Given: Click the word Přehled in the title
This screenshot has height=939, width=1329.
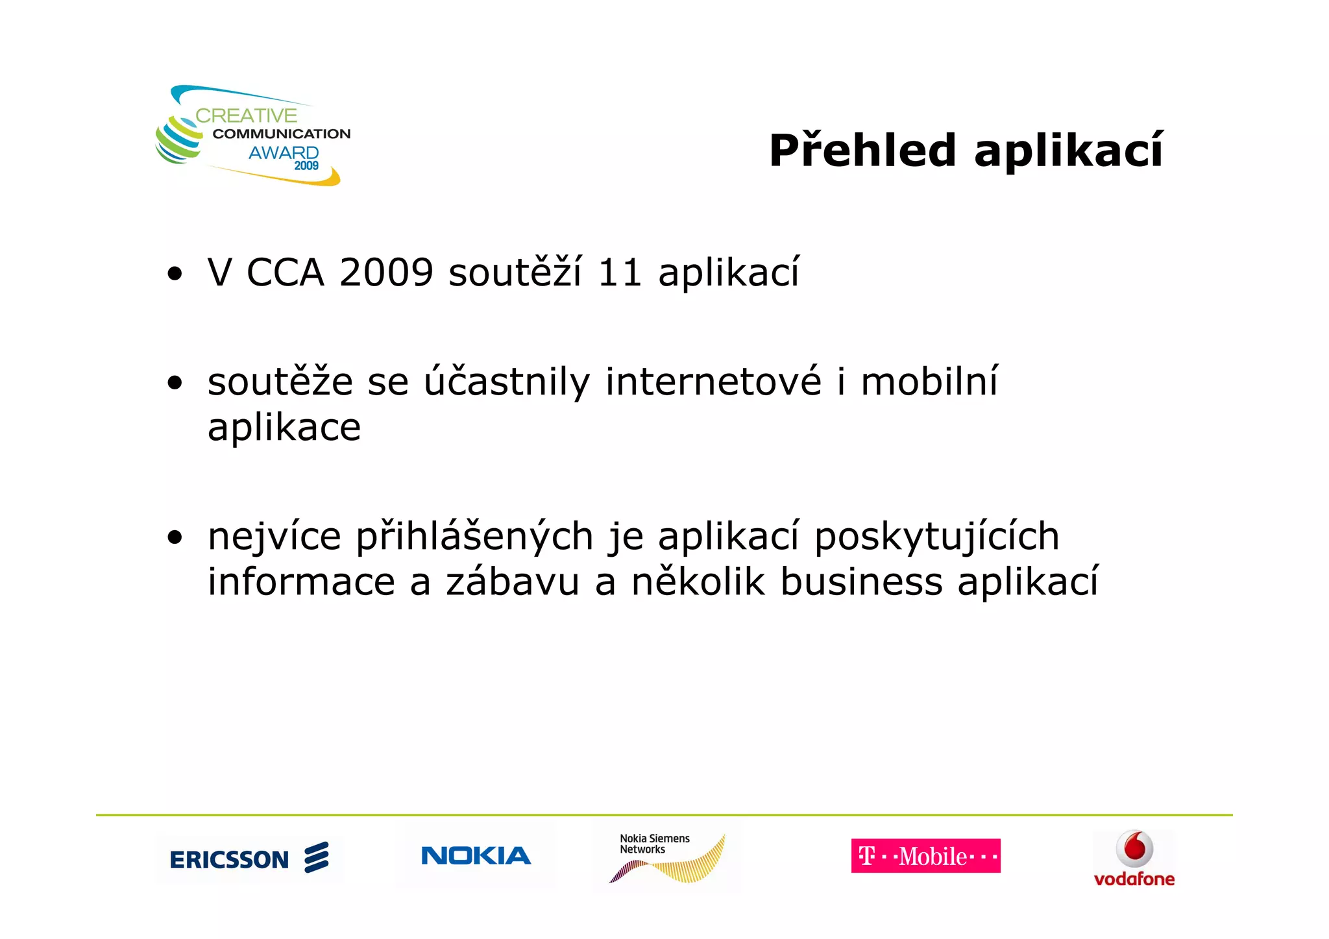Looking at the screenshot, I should click(862, 151).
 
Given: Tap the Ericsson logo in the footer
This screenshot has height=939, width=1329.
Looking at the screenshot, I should click(249, 858).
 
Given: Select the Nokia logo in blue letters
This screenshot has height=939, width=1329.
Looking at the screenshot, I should click(476, 856).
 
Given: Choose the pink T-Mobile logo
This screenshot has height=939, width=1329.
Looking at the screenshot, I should click(925, 856).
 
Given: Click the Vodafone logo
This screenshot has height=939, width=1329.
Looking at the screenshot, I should click(1134, 859).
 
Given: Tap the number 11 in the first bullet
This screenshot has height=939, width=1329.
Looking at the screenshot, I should click(620, 272).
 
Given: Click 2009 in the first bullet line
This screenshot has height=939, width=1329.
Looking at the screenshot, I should click(386, 272).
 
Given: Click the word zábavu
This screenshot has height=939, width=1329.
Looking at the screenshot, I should click(513, 581).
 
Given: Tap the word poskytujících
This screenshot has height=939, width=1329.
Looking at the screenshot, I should click(936, 537).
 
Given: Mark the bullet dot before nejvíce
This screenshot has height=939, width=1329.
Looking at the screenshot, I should click(175, 537).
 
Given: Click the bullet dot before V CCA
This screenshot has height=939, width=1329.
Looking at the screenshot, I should click(175, 273).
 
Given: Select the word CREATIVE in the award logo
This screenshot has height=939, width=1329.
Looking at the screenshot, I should click(246, 116).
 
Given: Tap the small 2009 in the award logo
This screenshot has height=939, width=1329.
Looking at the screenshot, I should click(306, 166).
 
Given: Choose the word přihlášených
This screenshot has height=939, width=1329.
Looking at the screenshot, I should click(474, 537).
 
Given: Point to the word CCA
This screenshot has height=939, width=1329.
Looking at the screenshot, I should click(286, 272).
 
